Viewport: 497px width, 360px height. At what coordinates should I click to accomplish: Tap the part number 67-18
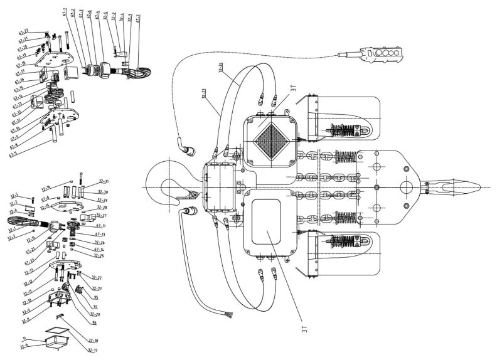21,63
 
